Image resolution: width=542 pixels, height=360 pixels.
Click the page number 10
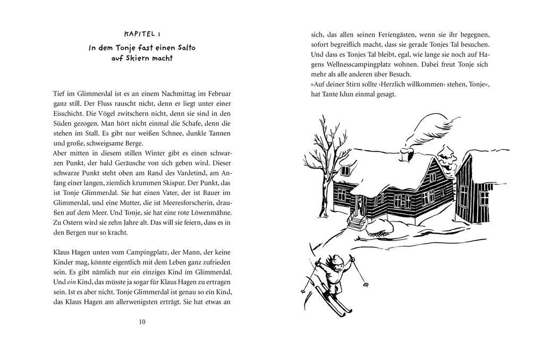[141, 322]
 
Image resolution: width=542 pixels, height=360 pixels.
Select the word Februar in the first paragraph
[218, 93]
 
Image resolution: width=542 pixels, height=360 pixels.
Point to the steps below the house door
[357, 221]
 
